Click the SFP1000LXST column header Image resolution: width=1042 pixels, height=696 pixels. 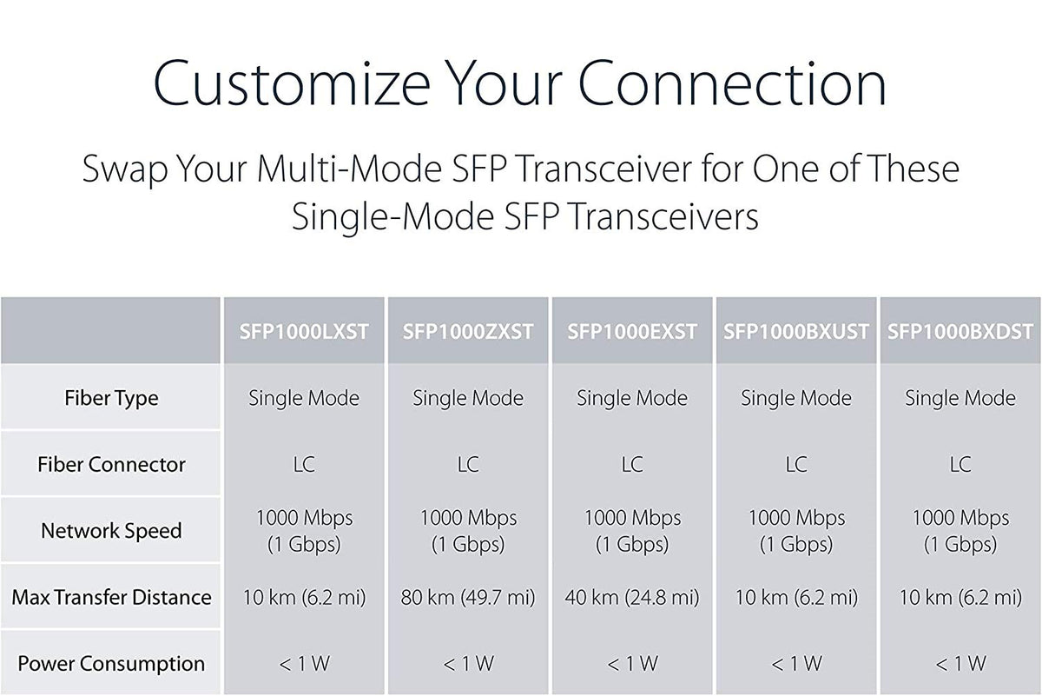304,332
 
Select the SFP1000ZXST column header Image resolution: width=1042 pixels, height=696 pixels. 468,332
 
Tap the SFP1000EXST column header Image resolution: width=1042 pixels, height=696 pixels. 632,332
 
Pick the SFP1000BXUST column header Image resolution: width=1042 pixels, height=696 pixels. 796,332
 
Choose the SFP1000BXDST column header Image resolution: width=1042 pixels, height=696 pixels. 960,332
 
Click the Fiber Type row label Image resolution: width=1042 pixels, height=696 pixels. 111,399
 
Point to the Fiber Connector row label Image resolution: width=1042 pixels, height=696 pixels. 111,465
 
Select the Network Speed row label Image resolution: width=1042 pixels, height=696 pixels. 111,531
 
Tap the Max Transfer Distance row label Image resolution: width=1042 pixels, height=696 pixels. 111,597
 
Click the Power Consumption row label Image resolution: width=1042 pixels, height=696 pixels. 111,664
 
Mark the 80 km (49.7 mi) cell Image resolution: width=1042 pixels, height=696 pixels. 468,598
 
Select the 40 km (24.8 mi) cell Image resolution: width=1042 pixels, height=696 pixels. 632,598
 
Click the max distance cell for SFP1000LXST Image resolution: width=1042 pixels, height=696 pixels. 304,598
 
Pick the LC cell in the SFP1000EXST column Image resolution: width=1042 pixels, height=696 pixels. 632,465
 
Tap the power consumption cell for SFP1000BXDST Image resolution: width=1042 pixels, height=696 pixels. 960,664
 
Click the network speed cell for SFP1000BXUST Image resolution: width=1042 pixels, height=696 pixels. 796,531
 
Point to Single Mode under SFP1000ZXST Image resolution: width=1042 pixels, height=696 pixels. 468,399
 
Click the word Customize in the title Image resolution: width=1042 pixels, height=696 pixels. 292,83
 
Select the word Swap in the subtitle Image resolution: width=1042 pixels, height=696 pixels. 125,169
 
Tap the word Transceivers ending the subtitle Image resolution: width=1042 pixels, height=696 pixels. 663,217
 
